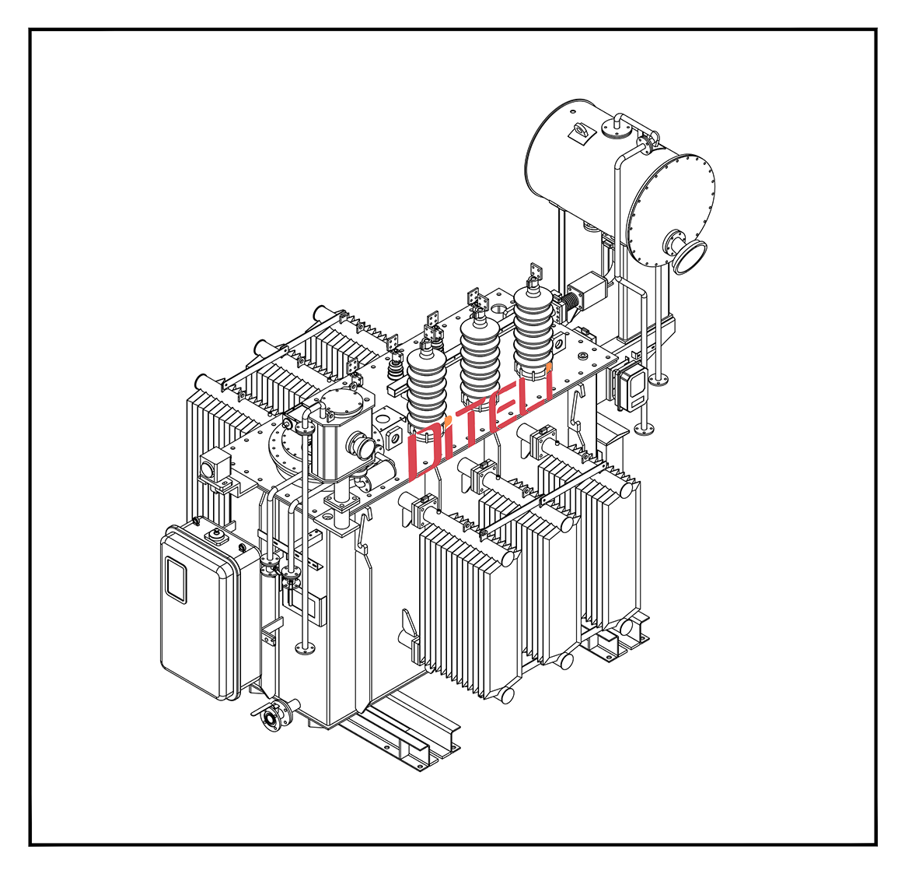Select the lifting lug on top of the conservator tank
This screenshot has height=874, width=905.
(580, 132)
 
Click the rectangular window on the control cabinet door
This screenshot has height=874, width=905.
(176, 579)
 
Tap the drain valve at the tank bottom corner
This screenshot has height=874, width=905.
(272, 715)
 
